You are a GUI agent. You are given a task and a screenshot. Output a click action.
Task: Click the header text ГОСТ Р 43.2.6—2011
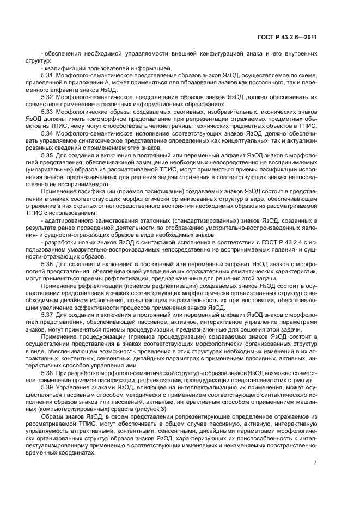point(286,37)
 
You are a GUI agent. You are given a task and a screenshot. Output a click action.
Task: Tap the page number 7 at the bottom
point(315,463)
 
